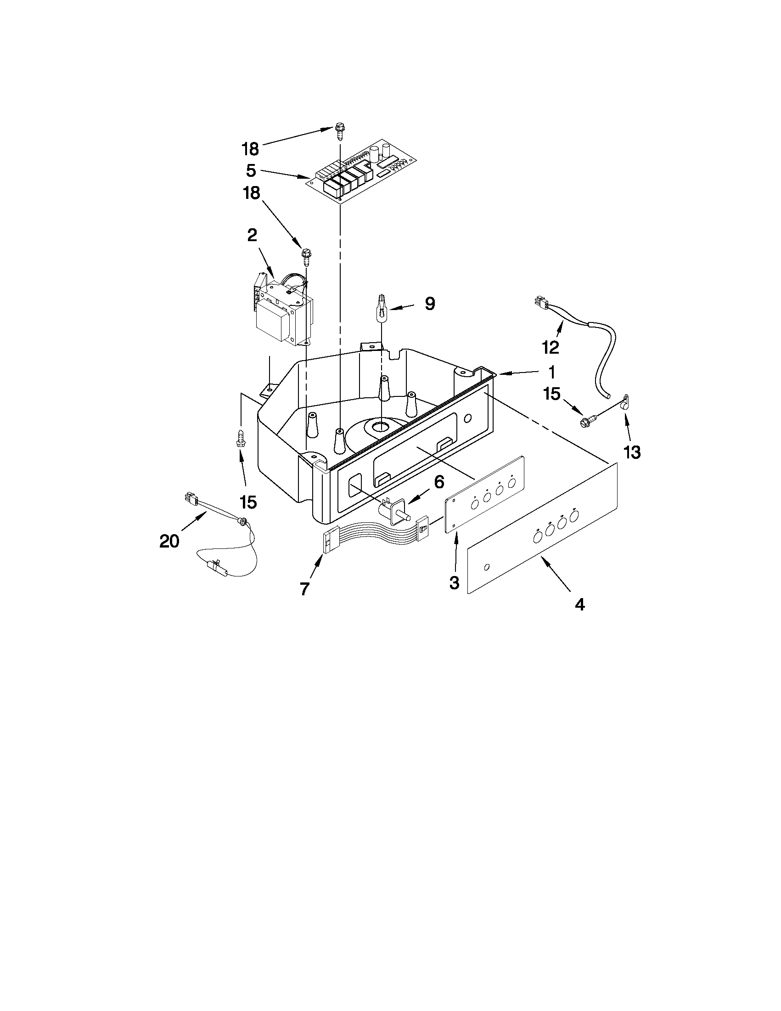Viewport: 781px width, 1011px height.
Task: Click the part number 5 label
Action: click(251, 171)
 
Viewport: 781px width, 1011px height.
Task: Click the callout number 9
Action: click(430, 304)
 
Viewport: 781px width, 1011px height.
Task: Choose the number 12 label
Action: click(551, 347)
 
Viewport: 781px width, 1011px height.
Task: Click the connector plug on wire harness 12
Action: click(538, 303)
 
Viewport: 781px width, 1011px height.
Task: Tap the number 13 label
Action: click(632, 452)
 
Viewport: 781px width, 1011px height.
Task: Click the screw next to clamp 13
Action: click(587, 421)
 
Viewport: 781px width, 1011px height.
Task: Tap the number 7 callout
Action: click(304, 589)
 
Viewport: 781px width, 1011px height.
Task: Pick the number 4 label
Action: click(579, 604)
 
